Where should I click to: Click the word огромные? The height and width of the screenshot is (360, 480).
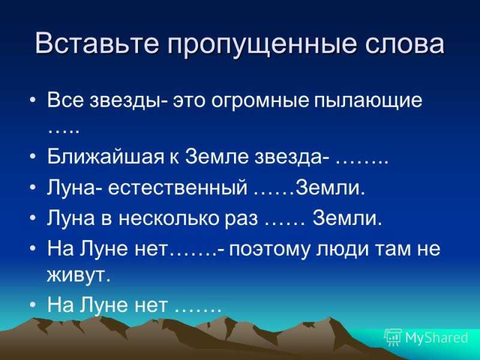260,101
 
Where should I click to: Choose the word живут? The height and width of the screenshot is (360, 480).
79,275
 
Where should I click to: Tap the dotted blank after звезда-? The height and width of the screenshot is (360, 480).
362,163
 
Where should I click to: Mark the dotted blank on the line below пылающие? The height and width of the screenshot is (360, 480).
64,131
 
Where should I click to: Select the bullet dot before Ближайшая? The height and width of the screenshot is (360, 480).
33,157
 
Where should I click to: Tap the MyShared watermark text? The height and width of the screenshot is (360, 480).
437,338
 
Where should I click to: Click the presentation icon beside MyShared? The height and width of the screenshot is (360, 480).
393,337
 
